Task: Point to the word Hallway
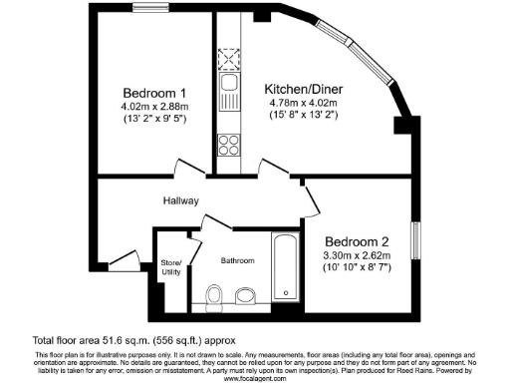[182, 199]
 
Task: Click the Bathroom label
[238, 260]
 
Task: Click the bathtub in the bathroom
[286, 267]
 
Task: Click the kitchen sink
[228, 87]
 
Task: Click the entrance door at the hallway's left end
[121, 260]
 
